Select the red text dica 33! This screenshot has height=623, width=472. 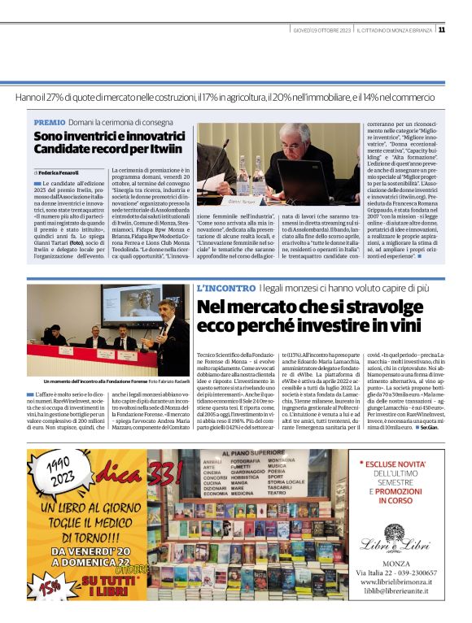tap(110, 470)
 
